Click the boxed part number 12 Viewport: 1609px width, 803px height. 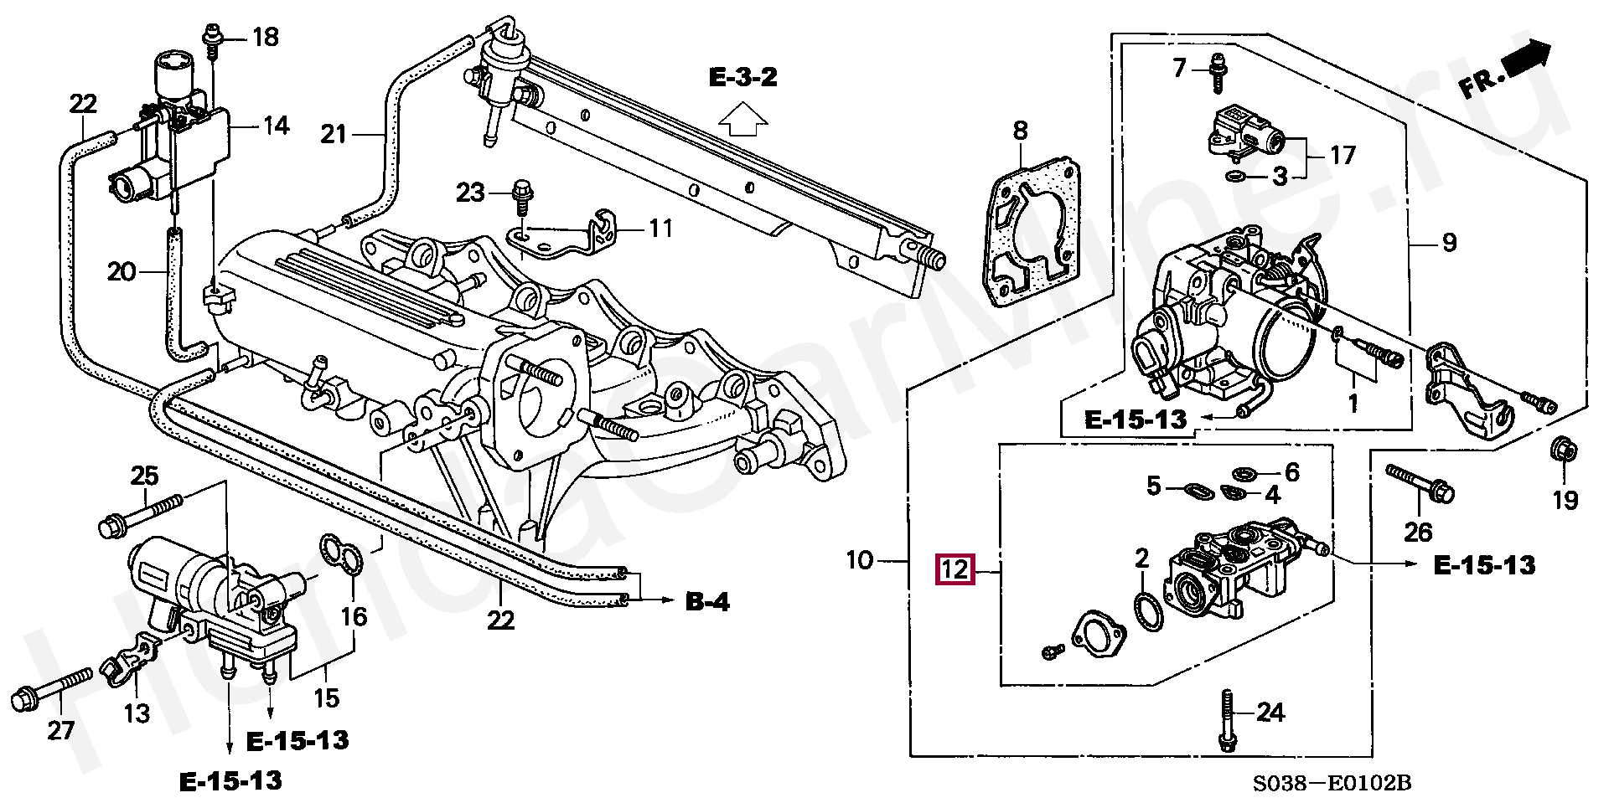point(955,570)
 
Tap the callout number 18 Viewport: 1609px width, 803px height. point(265,38)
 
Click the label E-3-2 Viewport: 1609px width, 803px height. point(743,79)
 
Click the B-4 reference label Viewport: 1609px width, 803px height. point(708,601)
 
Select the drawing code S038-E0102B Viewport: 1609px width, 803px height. point(1332,783)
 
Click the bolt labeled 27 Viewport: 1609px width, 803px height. point(53,687)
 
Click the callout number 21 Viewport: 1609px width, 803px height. point(334,134)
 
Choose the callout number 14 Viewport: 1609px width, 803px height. point(276,126)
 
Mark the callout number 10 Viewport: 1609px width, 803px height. point(860,559)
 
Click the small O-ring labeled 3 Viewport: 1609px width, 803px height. point(1234,176)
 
